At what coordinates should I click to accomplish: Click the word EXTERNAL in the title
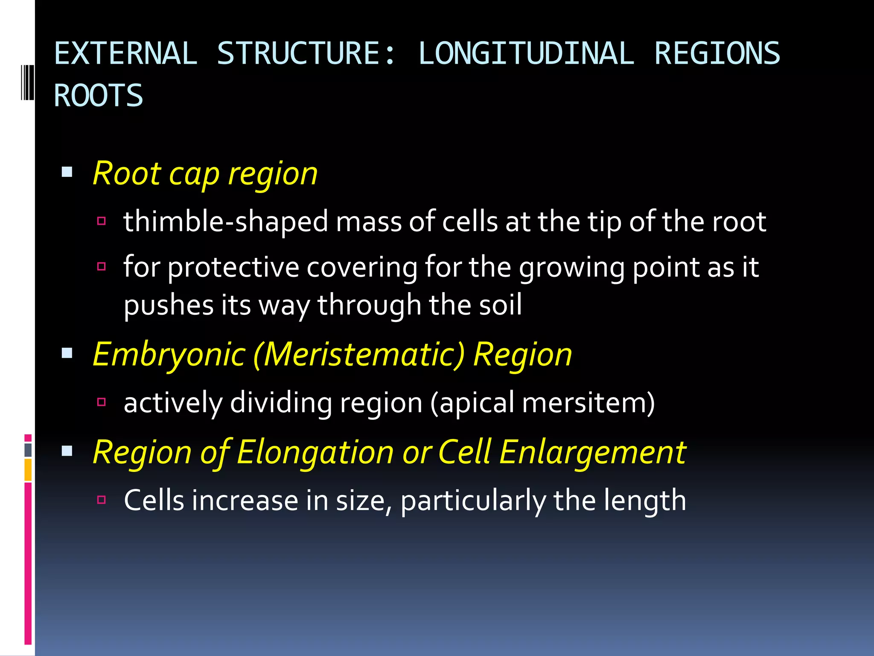(125, 54)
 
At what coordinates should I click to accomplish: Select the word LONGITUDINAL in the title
(526, 54)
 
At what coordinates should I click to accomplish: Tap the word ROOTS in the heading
(98, 96)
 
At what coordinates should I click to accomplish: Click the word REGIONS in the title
(717, 54)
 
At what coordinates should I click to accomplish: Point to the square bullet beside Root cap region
(67, 172)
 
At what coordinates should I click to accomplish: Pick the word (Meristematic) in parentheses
(359, 355)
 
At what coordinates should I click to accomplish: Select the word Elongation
(315, 452)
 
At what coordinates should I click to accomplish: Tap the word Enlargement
(592, 452)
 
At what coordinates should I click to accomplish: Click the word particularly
(473, 501)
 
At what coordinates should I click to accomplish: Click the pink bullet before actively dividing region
(101, 402)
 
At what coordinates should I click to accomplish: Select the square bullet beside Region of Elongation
(67, 451)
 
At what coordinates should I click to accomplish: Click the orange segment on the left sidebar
(28, 470)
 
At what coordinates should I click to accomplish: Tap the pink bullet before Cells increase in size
(101, 500)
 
